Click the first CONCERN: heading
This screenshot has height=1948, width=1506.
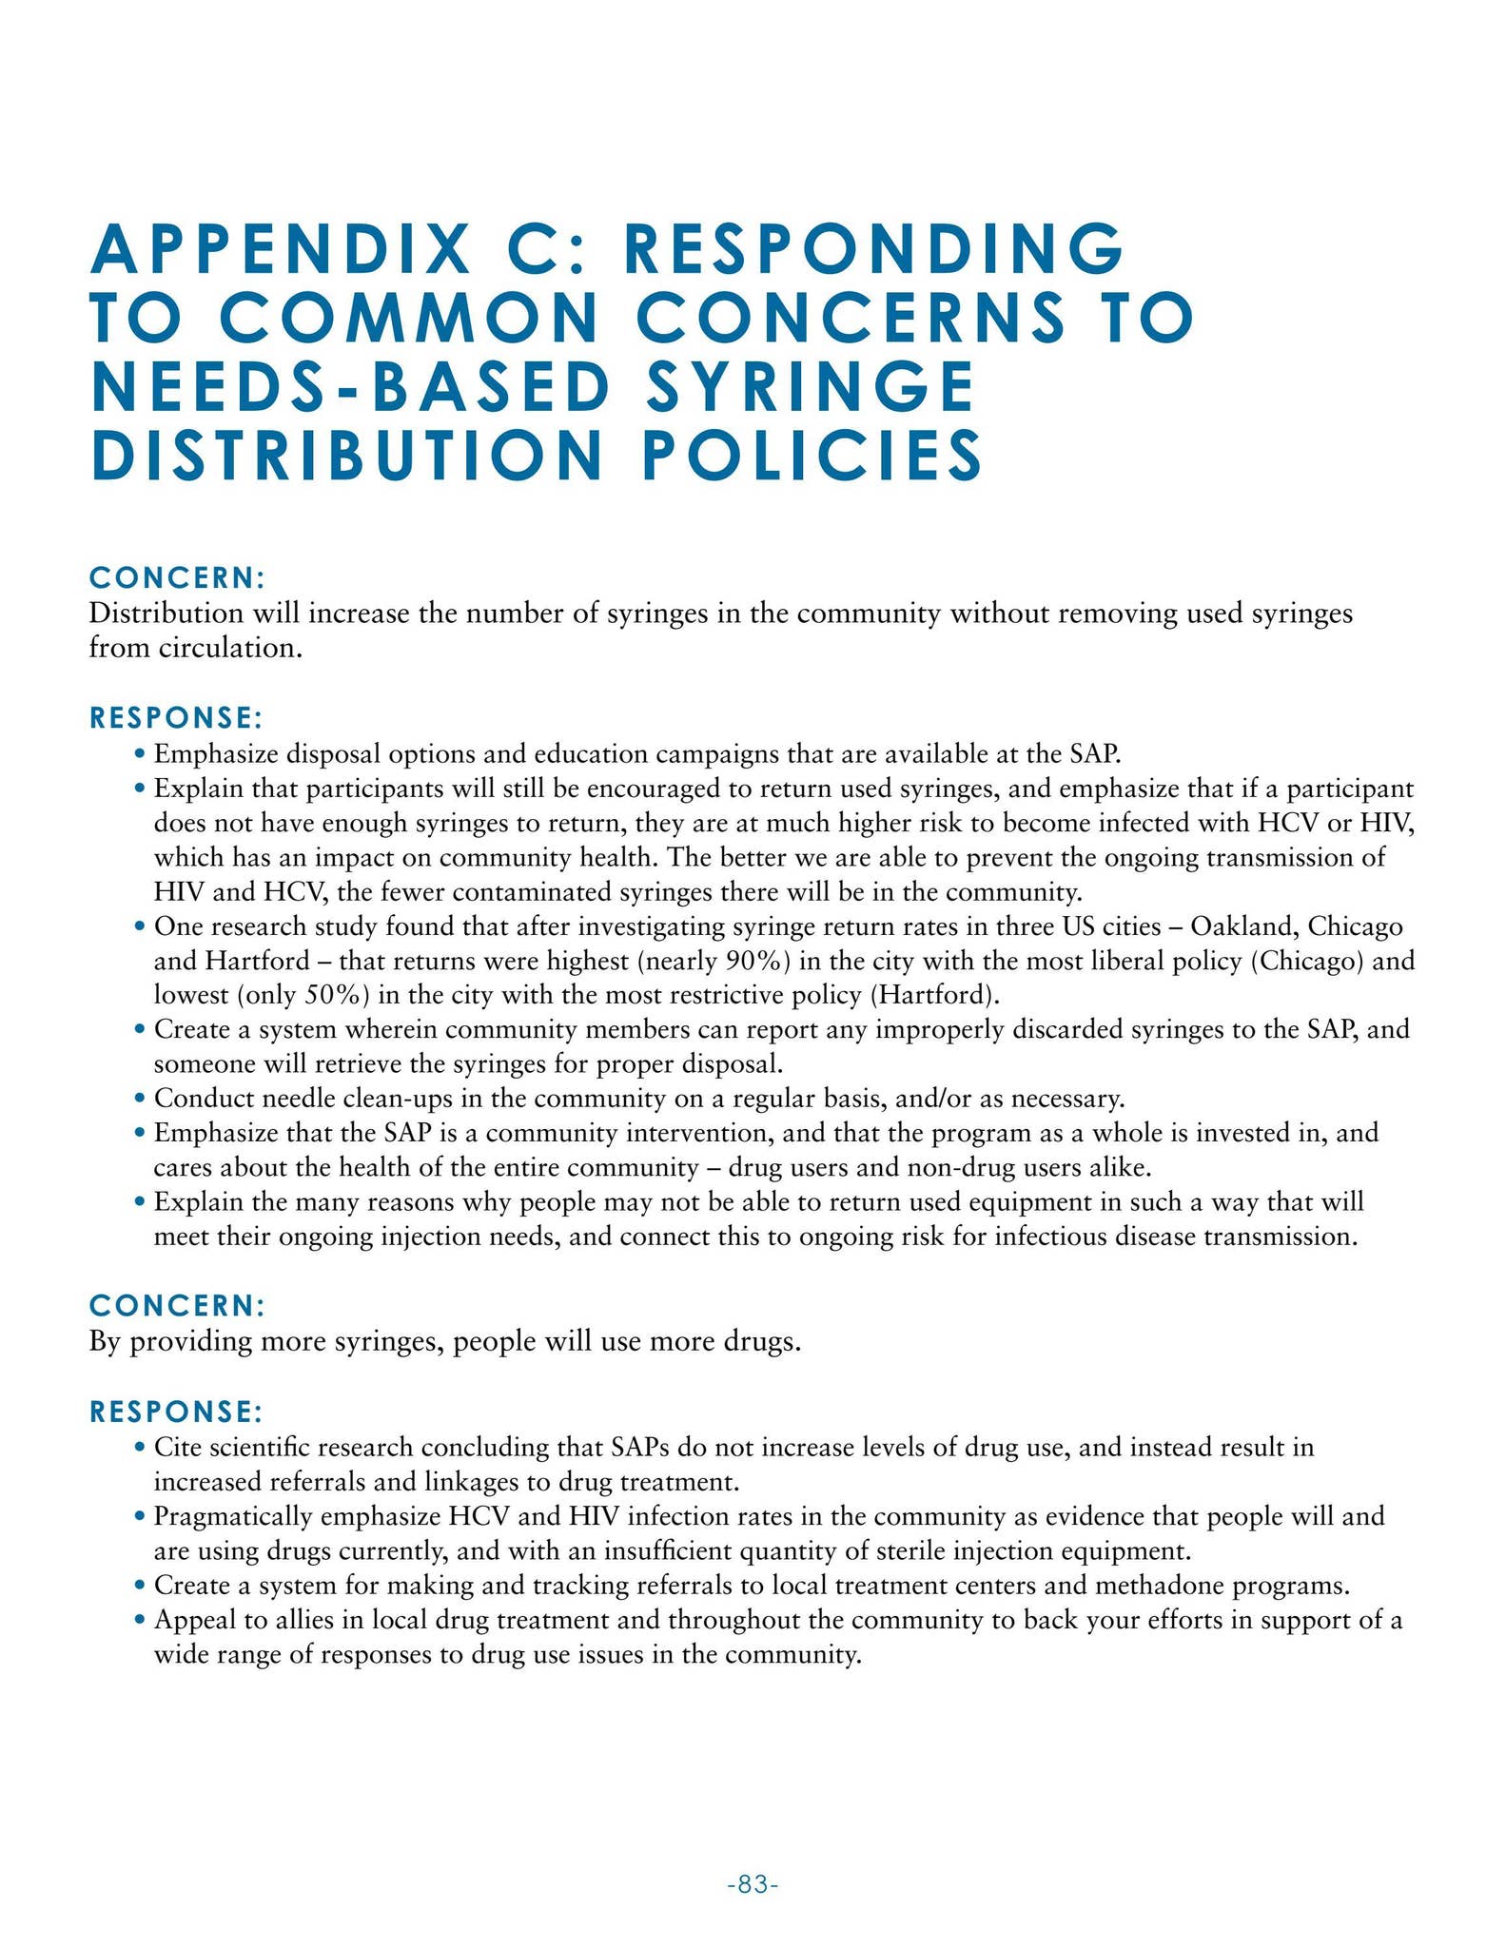click(x=176, y=577)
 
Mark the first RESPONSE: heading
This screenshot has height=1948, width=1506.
click(x=176, y=717)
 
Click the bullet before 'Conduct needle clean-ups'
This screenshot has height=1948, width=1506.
click(x=140, y=1099)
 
